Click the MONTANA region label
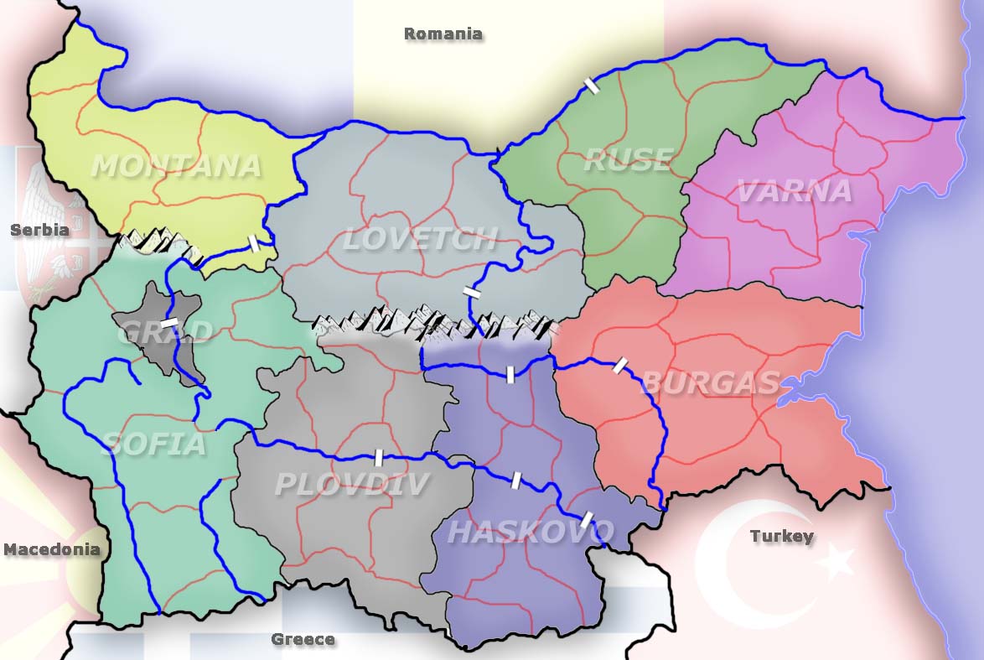coord(176,166)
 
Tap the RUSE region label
coord(628,159)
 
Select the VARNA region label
coord(794,191)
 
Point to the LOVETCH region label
coord(420,239)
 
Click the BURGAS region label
coord(711,383)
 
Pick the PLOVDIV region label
coord(352,484)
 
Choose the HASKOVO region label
coord(531,532)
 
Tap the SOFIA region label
coord(154,444)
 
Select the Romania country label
coord(443,34)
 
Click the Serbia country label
coord(39,230)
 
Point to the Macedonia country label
coord(52,550)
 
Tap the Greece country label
coord(303,640)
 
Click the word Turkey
coord(781,536)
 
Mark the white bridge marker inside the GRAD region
coord(169,322)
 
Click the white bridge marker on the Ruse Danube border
coord(592,85)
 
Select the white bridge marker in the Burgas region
coord(620,365)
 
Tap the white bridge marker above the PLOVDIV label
coord(378,457)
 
